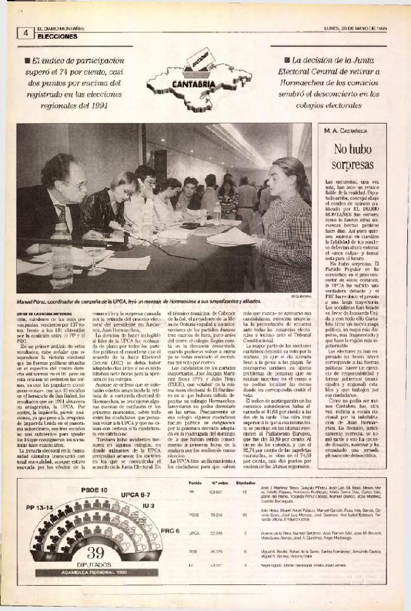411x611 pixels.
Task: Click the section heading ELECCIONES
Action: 58,37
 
